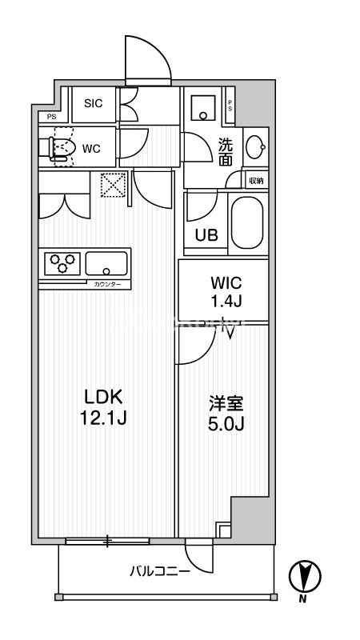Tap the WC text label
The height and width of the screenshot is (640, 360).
tap(90, 148)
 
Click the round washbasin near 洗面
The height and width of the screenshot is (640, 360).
tap(255, 147)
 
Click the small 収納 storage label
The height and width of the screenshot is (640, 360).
tap(255, 181)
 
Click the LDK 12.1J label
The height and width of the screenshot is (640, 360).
tap(104, 406)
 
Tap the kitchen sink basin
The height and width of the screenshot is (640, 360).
tap(106, 263)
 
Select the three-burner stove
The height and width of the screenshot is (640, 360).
tap(62, 263)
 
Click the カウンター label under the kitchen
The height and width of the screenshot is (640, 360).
tap(107, 285)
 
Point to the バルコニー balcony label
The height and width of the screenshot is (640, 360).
tap(161, 571)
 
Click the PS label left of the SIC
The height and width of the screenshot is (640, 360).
tap(51, 117)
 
